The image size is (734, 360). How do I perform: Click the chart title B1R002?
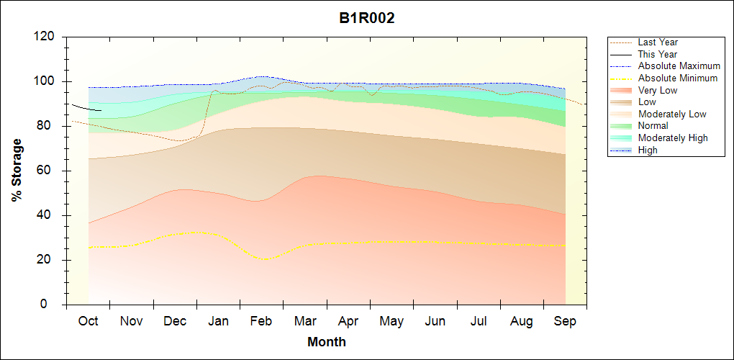(367, 19)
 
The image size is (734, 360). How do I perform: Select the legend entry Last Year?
(658, 42)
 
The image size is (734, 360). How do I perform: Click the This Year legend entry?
(658, 54)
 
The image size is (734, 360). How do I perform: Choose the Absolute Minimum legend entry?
(678, 78)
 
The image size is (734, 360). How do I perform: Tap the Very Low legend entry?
(658, 90)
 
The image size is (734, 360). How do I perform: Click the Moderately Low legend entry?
(672, 114)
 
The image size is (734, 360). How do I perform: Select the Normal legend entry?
(653, 126)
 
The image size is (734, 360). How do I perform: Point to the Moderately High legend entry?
(673, 138)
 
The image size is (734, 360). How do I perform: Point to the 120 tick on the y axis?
(45, 37)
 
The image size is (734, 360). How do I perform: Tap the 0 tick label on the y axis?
(53, 305)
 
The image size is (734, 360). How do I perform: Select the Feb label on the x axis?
(261, 321)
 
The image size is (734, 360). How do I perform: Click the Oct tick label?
(88, 321)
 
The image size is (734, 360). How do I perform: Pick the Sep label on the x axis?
(565, 321)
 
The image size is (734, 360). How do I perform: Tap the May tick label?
(391, 321)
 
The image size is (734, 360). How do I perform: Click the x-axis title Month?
(327, 342)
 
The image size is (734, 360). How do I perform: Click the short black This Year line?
(86, 108)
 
